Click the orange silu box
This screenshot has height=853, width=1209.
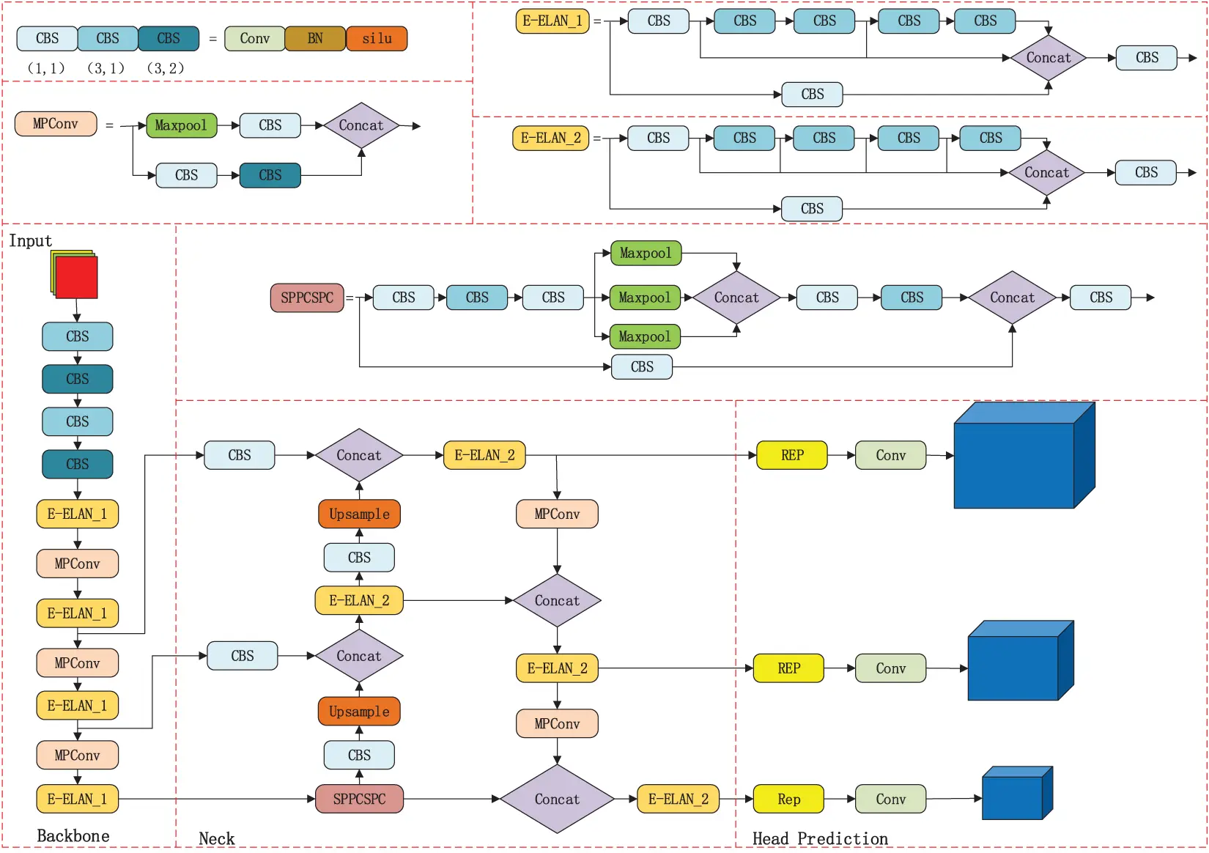376,39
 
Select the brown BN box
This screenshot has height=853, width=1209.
314,39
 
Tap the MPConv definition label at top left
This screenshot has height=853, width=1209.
56,124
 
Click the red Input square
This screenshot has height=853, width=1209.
76,277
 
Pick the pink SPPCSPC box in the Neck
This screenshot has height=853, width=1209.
359,799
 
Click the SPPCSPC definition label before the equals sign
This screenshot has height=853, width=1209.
307,298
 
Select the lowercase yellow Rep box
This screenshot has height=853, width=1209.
788,799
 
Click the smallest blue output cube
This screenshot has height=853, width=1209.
1015,795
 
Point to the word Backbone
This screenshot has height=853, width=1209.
73,836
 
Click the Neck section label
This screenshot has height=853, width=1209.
216,838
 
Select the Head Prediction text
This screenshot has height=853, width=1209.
820,838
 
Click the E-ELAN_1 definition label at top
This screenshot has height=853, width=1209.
552,21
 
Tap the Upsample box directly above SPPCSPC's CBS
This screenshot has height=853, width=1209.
359,712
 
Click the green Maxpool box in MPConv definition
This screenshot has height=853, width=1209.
181,125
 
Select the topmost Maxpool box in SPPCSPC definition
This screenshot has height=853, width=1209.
646,253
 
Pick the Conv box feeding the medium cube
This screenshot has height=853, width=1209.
890,668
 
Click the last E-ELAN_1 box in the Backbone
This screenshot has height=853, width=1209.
77,799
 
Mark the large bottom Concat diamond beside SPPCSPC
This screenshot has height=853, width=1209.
557,799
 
